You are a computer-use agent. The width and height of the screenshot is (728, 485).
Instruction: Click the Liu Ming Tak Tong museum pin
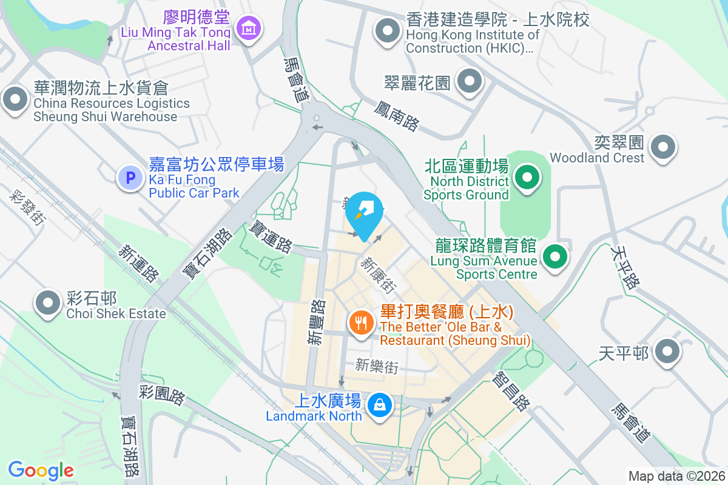coord(249,28)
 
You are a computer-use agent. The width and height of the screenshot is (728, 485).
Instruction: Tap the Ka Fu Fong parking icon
coord(129,178)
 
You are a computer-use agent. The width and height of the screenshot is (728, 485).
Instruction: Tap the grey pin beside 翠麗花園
coord(469,82)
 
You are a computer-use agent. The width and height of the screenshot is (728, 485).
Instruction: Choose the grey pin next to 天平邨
coord(668,352)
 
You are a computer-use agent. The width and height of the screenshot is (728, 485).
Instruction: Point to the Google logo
coord(41,470)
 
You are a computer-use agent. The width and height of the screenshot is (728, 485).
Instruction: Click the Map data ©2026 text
coord(676,476)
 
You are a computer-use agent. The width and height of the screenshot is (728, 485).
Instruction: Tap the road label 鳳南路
coord(396,116)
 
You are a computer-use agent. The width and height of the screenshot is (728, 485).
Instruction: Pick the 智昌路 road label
coord(512,391)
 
